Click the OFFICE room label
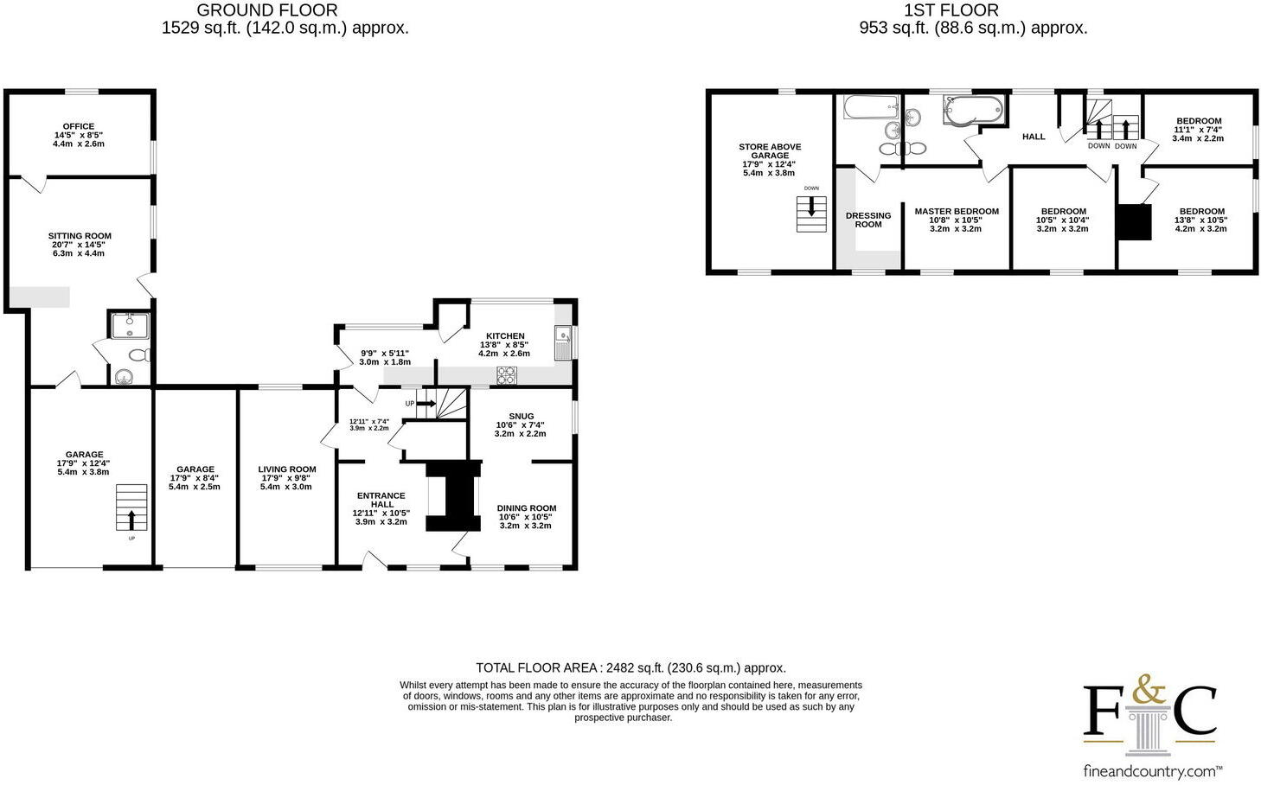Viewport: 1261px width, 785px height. pyautogui.click(x=79, y=126)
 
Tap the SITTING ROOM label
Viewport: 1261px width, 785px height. pyautogui.click(x=80, y=236)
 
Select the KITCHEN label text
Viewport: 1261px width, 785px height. pyautogui.click(x=505, y=336)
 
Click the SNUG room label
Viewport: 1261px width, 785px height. pyautogui.click(x=521, y=416)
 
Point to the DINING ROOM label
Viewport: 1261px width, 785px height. pyautogui.click(x=526, y=508)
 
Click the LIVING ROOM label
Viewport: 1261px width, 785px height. pyautogui.click(x=287, y=469)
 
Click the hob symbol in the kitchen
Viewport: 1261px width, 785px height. pyautogui.click(x=506, y=374)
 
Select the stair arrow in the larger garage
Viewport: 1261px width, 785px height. pyautogui.click(x=131, y=518)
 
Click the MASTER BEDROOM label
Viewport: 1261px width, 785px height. pyautogui.click(x=957, y=212)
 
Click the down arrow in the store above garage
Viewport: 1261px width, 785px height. pyautogui.click(x=811, y=208)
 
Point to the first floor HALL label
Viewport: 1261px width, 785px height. pyautogui.click(x=1034, y=137)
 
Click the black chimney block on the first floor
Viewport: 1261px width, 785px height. pyautogui.click(x=1135, y=221)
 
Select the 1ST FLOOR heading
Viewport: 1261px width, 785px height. pyautogui.click(x=951, y=10)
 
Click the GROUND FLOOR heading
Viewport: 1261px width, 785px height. pyautogui.click(x=267, y=10)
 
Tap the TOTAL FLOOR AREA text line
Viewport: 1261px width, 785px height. pyautogui.click(x=630, y=667)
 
